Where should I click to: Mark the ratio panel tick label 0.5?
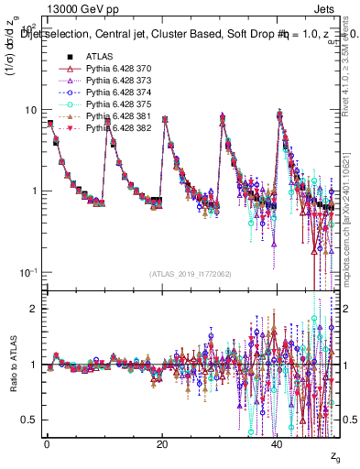tap(29, 420)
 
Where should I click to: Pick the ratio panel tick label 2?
tap(35, 309)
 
